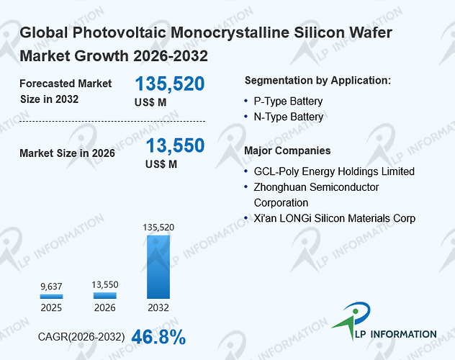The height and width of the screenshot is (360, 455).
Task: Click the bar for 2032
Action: pos(158,267)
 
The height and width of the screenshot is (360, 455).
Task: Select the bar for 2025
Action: pos(51,297)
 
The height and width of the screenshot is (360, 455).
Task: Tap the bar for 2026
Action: pos(105,296)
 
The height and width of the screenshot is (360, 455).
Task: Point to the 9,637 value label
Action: pos(51,287)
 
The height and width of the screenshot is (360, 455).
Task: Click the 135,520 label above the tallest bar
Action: pos(158,227)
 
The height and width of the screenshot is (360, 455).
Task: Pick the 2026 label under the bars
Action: pos(105,307)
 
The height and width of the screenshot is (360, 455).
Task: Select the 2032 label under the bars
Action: pos(158,307)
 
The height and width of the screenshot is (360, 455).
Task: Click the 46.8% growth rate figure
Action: pos(158,337)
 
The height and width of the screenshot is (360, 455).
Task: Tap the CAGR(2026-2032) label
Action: pos(81,337)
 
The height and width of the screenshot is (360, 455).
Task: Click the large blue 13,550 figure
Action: pos(175,145)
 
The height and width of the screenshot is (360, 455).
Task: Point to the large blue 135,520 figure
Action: pos(170,84)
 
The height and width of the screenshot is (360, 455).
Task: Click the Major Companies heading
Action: pos(287,150)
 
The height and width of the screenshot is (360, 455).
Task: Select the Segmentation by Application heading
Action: pos(317,81)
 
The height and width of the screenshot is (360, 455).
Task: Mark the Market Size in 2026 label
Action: pos(68,153)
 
